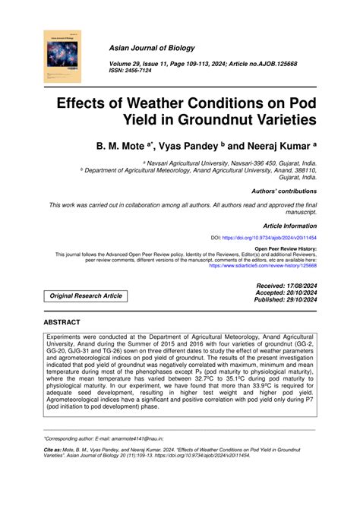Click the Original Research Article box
(84, 296)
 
